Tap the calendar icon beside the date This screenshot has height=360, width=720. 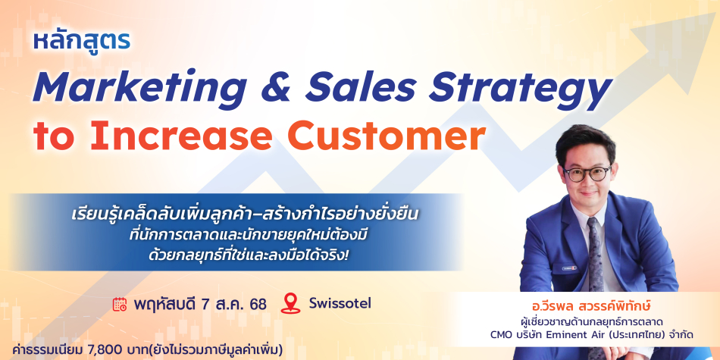(120, 305)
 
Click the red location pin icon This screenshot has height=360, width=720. (290, 303)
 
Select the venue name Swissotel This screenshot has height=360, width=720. (340, 303)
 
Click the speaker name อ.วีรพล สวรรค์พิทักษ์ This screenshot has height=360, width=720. (602, 305)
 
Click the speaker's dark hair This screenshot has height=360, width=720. (584, 141)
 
